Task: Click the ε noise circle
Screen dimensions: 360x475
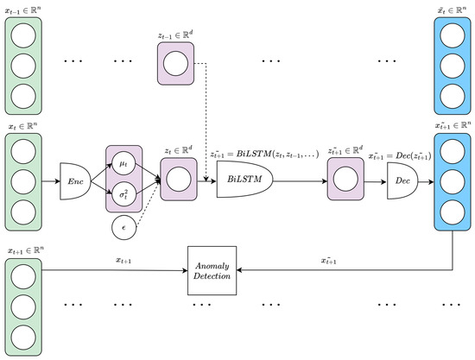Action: click(x=124, y=230)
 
